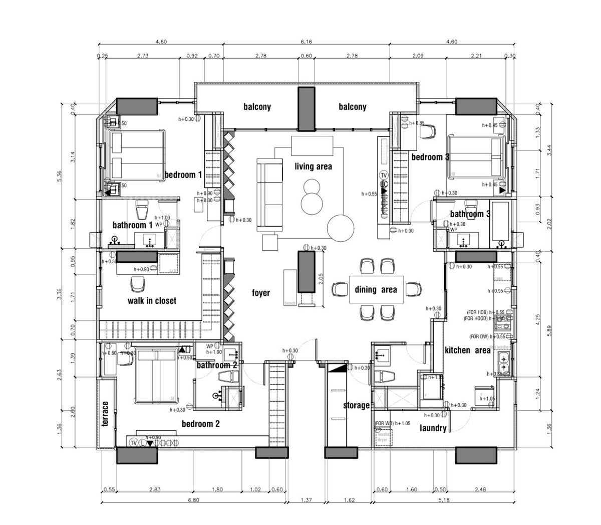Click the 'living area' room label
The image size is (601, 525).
coord(313,166)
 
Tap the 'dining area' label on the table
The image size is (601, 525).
coord(376,289)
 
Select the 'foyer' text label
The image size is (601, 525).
coord(261,293)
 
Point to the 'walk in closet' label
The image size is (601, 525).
coord(152,300)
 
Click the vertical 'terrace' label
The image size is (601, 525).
coord(105,414)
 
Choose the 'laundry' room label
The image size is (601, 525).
coord(433,428)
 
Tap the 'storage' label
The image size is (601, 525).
coord(356,405)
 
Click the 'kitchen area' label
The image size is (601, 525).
coord(467,350)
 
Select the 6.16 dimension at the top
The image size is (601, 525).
coord(306,42)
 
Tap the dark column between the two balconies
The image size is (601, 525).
coord(306,109)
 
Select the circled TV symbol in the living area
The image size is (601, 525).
coord(384,175)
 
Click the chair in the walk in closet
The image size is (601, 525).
coord(138,284)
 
